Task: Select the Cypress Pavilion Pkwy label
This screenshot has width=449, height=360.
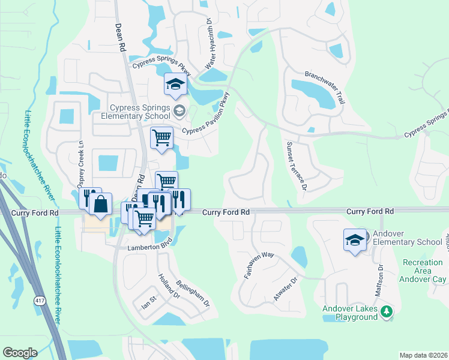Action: [206, 115]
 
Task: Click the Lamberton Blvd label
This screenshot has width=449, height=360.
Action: [149, 247]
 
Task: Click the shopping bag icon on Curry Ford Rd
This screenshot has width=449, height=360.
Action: [101, 203]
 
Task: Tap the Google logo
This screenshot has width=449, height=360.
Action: [20, 352]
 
